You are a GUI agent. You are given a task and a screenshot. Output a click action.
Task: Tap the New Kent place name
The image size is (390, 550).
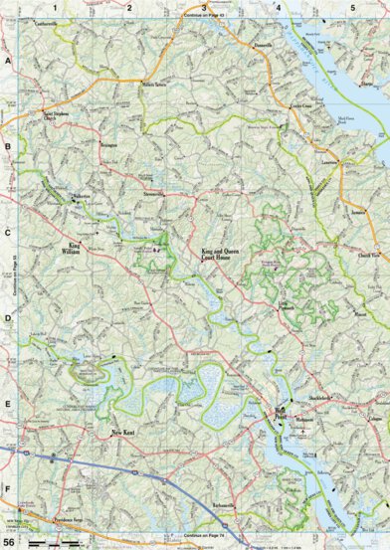click(x=121, y=432)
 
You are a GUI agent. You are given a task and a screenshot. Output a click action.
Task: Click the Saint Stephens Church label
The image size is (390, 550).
click(x=61, y=128)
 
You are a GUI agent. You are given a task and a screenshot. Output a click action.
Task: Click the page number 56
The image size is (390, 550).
click(x=9, y=542)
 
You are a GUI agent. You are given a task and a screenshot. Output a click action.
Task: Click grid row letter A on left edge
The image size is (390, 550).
click(x=7, y=61)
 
